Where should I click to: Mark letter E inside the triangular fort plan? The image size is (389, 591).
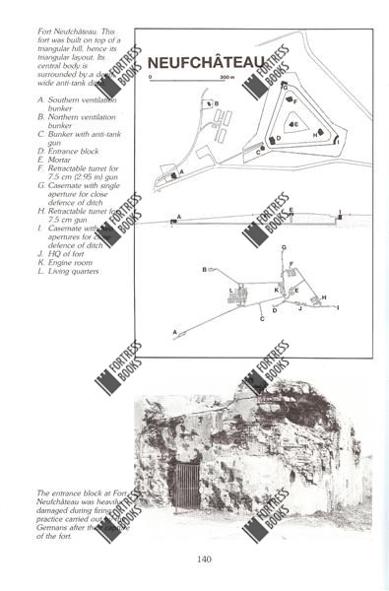(x=296, y=124)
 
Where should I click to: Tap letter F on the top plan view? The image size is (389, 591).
(x=295, y=100)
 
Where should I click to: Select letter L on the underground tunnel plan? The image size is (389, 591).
(x=230, y=290)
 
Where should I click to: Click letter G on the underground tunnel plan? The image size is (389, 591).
(x=284, y=247)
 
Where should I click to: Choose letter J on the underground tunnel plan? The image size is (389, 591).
(x=300, y=309)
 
